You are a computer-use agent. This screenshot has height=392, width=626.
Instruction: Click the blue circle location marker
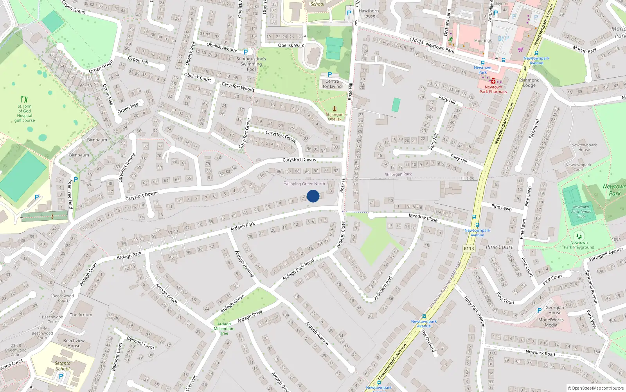(313, 196)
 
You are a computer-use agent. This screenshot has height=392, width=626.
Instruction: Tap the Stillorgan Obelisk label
(335, 117)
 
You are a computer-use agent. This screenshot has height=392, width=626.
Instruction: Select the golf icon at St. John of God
(25, 99)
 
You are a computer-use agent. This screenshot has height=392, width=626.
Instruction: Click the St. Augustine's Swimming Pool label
(251, 64)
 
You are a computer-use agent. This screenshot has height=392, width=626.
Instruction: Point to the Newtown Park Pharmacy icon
(493, 81)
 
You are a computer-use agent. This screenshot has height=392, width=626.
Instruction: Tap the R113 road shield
(469, 249)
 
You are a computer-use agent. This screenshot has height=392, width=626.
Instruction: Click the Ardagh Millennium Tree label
(224, 328)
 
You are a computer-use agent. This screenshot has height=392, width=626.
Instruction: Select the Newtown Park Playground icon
(579, 236)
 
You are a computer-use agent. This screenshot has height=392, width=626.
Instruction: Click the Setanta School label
(63, 366)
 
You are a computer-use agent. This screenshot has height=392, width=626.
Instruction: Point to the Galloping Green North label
(304, 183)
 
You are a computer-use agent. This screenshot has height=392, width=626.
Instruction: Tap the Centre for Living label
(332, 84)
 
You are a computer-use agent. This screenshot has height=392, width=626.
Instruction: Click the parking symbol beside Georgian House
(540, 310)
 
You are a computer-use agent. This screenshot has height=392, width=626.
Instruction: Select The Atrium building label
(81, 315)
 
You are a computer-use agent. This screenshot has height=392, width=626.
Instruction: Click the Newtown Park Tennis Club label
(581, 212)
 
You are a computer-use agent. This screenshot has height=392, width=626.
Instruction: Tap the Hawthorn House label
(369, 13)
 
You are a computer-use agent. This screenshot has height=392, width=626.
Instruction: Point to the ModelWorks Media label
(551, 322)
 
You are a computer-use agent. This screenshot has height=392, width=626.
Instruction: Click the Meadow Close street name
(423, 218)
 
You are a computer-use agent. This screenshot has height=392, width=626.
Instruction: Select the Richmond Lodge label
(529, 82)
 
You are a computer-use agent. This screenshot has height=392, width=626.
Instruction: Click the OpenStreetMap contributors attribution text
(595, 388)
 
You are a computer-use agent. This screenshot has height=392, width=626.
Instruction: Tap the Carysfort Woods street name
(238, 87)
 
